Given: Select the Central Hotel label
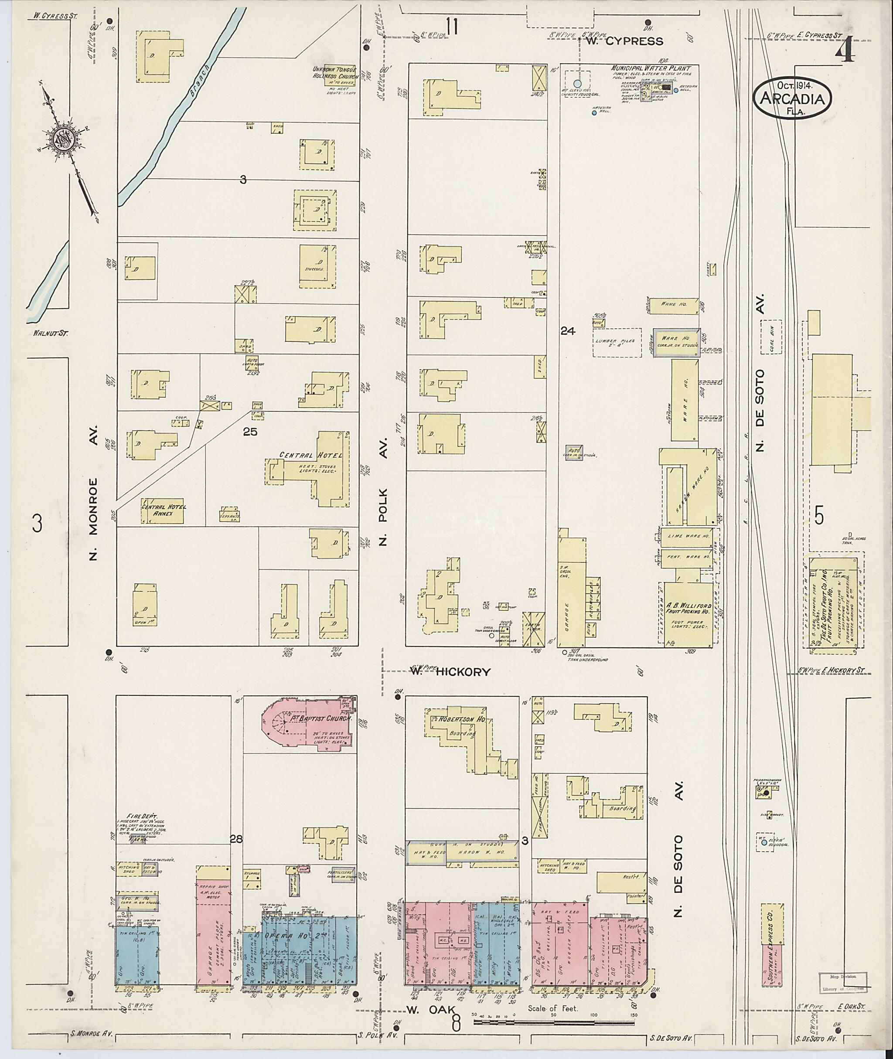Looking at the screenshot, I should [x=311, y=455].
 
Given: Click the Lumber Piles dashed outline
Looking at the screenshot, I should [x=617, y=343].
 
